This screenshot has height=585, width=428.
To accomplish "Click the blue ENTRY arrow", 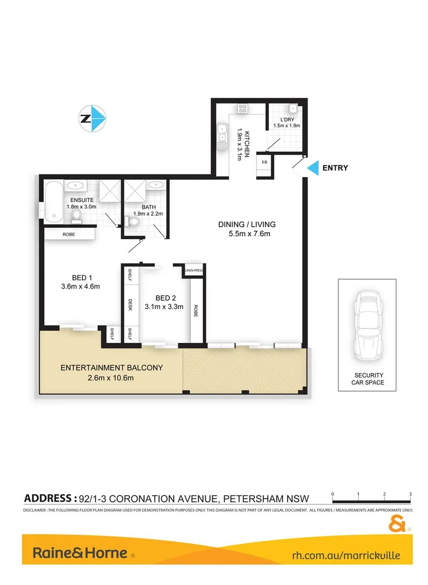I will tap(313, 167).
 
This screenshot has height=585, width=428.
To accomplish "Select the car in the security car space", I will tap(367, 325).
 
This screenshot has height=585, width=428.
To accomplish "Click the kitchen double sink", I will tap(222, 135).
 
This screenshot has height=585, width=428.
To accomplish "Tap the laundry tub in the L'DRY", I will tap(292, 110).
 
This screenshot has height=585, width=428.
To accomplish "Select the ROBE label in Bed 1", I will tap(69, 234).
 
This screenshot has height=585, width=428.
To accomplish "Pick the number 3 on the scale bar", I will tap(410, 493).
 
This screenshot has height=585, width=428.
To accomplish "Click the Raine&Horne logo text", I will tap(80, 553).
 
